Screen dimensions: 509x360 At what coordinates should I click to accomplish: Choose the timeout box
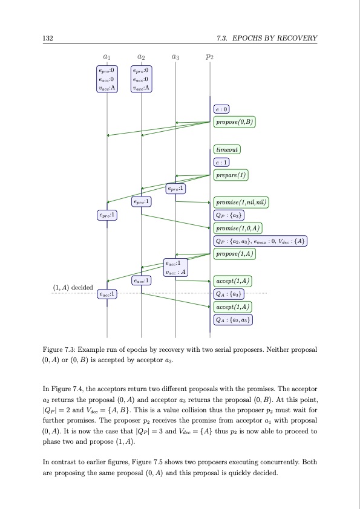(x=227, y=149)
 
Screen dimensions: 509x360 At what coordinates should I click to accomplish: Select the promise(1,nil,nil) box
(x=241, y=202)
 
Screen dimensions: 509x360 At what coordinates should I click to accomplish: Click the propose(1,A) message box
(x=235, y=254)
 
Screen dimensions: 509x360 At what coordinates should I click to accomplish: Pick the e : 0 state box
(x=221, y=109)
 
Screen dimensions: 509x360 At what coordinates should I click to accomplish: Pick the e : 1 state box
(x=221, y=163)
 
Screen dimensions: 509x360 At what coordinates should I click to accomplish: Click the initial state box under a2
(x=141, y=79)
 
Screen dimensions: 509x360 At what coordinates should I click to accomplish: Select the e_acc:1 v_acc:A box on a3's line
(x=175, y=267)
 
